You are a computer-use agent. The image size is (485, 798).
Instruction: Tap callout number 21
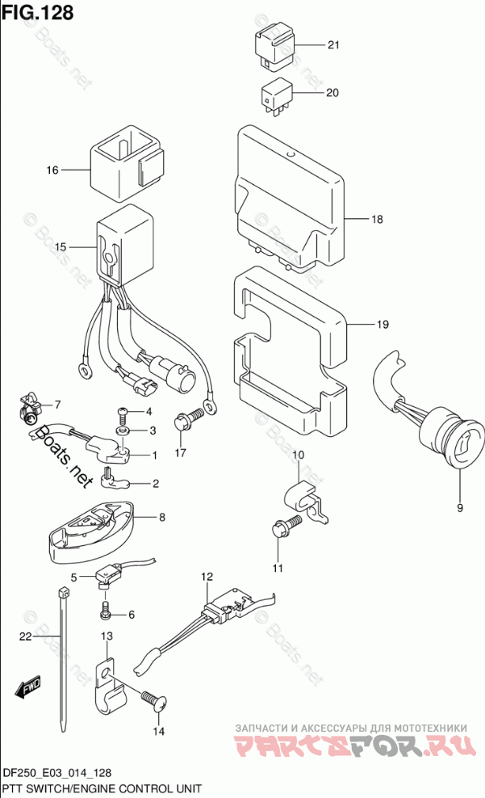(x=334, y=45)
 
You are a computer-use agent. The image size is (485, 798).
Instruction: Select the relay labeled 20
(x=277, y=94)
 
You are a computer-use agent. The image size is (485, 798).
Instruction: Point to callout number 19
(x=382, y=325)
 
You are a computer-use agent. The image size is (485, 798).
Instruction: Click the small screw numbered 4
(x=123, y=414)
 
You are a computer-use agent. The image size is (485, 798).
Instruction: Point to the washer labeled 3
(x=124, y=430)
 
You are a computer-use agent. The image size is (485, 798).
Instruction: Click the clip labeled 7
(x=31, y=410)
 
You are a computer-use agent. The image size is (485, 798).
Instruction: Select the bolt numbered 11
(x=284, y=529)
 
